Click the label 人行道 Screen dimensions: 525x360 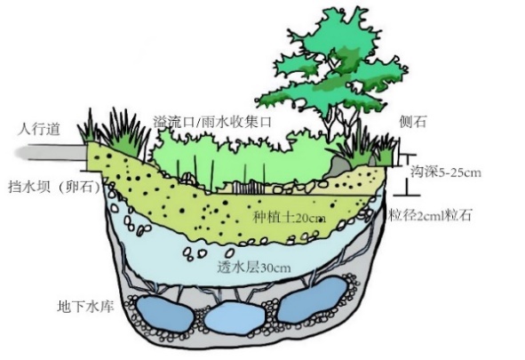[39, 129]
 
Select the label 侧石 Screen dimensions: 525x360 [412, 121]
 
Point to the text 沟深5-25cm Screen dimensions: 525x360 [446, 172]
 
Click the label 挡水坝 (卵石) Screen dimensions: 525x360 [55, 187]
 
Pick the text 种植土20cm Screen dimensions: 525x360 [289, 218]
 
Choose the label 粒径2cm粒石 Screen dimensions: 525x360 [430, 215]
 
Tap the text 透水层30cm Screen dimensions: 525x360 [254, 267]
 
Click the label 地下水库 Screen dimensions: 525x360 [85, 307]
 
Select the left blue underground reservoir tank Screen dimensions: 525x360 [164, 314]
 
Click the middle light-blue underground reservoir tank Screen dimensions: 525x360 [234, 317]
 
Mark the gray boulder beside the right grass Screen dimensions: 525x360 [340, 167]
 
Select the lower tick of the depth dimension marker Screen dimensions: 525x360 [407, 195]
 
